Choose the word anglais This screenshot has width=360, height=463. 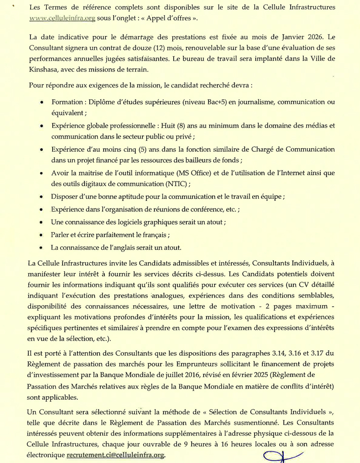(128, 248)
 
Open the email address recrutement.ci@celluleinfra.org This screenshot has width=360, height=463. (115, 455)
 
